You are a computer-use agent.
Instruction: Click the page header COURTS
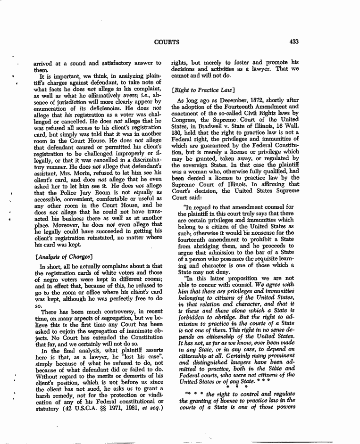tap(167, 42)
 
